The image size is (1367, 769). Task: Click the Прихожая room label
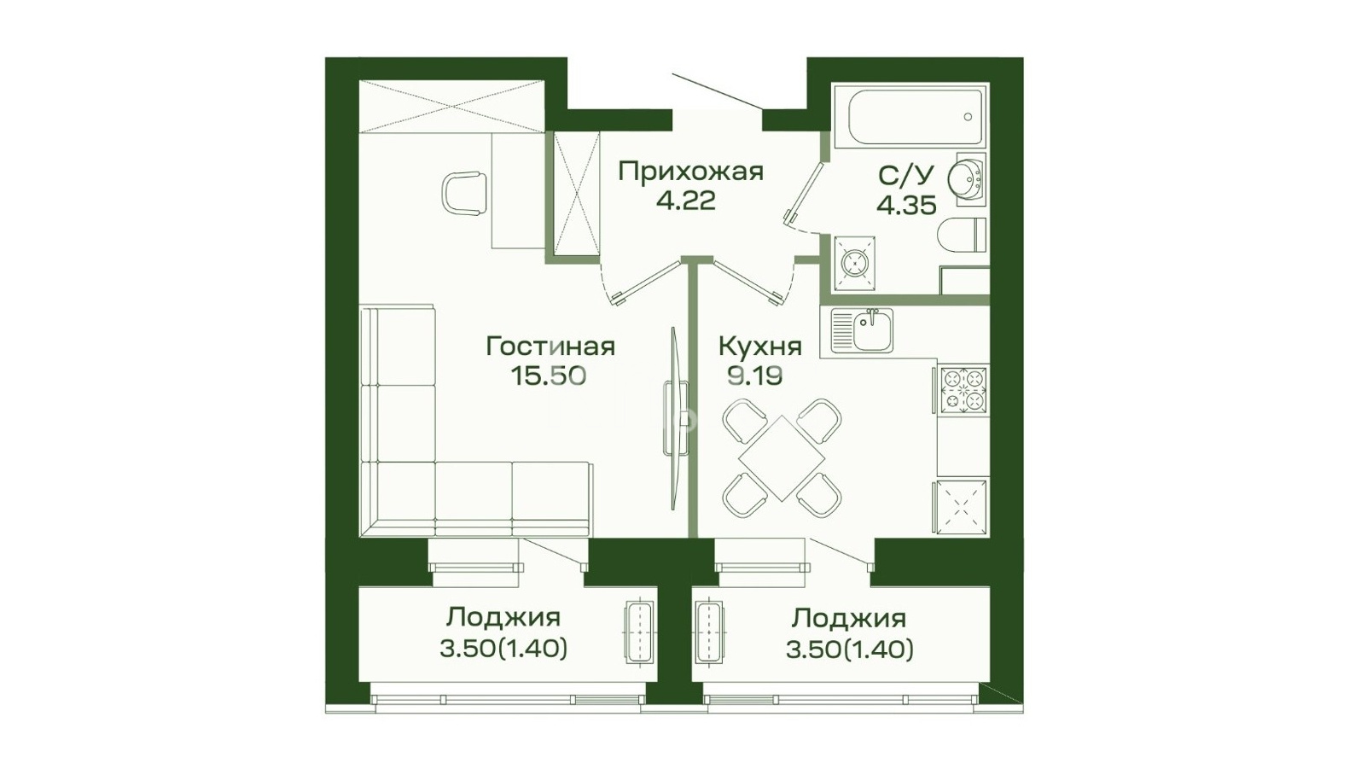(691, 172)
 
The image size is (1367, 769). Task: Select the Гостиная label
(550, 347)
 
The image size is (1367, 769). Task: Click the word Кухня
(759, 347)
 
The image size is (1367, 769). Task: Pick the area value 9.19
(755, 376)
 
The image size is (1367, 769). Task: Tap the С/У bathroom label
(906, 176)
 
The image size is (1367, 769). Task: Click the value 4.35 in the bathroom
(906, 206)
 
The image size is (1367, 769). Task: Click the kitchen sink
(861, 330)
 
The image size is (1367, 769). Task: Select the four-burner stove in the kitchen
(963, 389)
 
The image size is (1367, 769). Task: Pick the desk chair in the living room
(464, 194)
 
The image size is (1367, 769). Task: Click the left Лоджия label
(503, 619)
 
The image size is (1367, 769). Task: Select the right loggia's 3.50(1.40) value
(850, 650)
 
